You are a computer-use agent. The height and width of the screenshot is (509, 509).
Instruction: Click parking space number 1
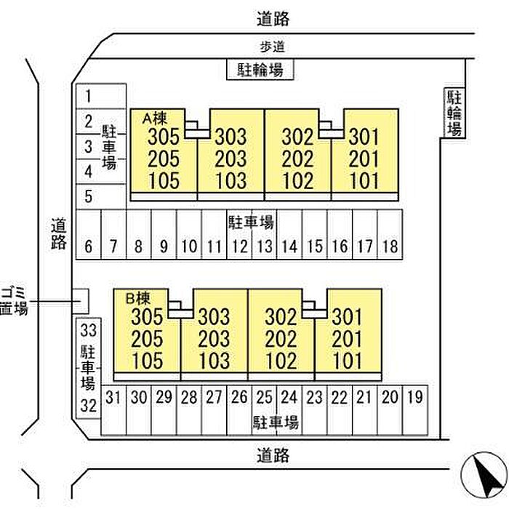point(88,95)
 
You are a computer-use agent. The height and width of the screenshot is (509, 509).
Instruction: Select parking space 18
point(389,247)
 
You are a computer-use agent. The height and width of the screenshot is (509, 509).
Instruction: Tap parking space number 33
point(88,329)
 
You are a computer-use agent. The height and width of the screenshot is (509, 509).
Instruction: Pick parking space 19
point(415,397)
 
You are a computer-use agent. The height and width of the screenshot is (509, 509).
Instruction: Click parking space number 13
point(264,247)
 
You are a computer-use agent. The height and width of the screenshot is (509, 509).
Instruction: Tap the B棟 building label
point(138,297)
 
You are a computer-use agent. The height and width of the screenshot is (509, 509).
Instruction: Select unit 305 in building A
point(163,137)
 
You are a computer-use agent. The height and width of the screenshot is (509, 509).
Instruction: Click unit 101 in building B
point(348,360)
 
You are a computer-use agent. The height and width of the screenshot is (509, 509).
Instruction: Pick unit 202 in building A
point(297,159)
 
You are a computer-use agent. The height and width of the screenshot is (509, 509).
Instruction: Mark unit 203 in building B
point(214,338)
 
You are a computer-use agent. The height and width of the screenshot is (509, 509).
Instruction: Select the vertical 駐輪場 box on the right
point(454,113)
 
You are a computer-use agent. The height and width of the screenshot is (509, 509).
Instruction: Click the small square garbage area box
point(81,299)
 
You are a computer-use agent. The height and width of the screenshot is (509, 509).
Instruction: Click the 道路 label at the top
point(273,17)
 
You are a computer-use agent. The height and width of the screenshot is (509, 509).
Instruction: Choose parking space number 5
point(88,196)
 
